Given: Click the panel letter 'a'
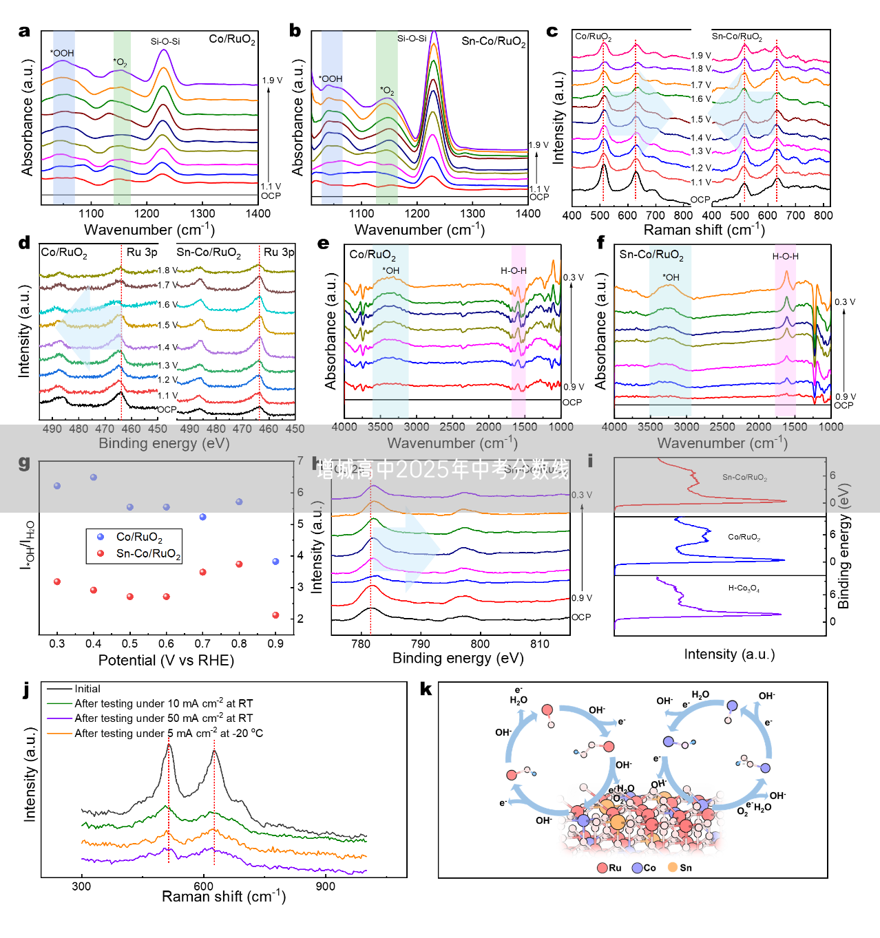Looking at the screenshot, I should coord(25,31).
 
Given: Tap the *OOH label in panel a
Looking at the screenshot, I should coord(62,53).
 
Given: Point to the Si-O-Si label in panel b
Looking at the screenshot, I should coord(412,39).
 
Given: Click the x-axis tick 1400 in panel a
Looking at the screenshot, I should coord(258,213).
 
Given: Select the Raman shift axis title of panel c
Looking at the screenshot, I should coord(704,230).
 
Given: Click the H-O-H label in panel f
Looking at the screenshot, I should coord(785,257).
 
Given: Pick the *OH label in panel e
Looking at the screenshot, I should coord(390,270).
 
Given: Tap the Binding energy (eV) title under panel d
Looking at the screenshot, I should coord(164,443).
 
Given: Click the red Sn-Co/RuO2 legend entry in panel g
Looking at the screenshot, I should coord(148,554).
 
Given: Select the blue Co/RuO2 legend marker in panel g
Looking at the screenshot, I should coord(101,537).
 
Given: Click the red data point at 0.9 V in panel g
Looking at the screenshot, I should coord(275,615).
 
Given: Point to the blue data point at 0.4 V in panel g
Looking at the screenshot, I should coord(94,477).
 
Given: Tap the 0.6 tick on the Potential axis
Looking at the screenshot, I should coord(166,643).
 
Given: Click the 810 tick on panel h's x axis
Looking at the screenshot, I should coord(540,644).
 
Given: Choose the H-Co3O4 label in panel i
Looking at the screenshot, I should coord(744,588).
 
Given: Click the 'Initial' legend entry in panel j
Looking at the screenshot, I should coord(87,689).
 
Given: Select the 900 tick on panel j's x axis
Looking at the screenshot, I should coord(325,886).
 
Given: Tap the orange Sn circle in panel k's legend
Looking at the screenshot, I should coord(673,867).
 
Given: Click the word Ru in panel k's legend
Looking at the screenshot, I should coord(615,868).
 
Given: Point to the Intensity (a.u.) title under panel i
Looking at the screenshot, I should coord(729,654).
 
